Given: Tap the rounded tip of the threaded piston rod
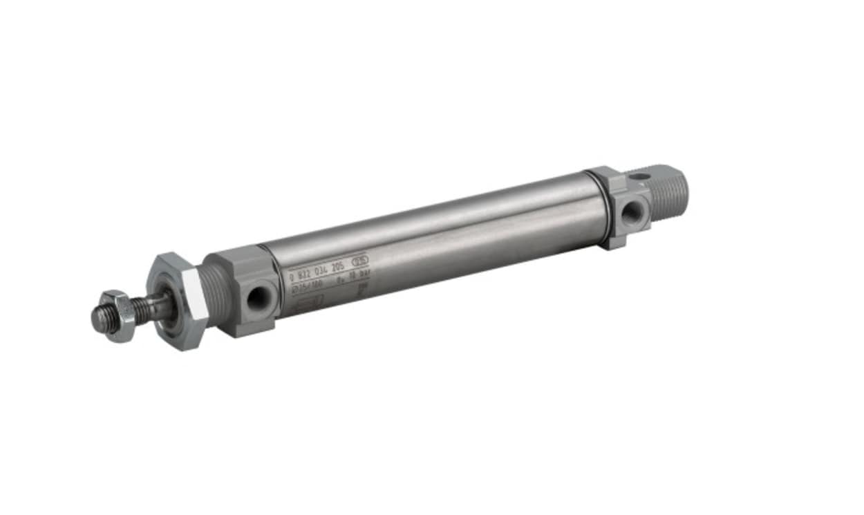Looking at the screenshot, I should [x=97, y=319].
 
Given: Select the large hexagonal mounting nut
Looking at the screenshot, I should [x=178, y=301].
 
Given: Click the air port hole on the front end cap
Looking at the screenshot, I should [x=258, y=297].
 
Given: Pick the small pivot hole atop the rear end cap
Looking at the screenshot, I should [x=641, y=177].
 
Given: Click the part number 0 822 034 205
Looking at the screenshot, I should [x=319, y=270].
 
